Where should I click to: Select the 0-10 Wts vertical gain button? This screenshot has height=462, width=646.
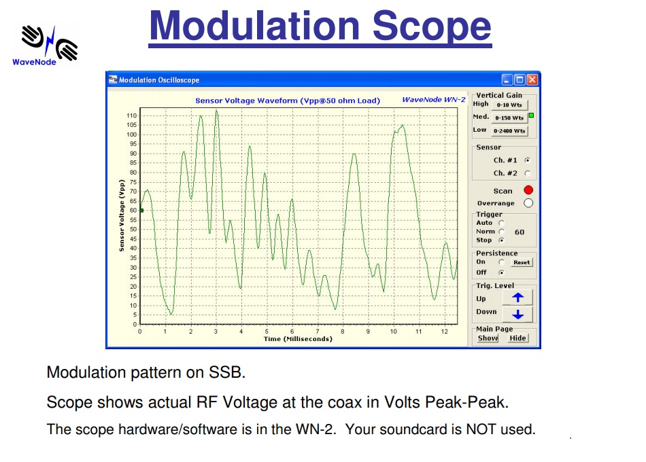tap(509, 105)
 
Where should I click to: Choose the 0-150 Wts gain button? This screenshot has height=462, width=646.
tap(509, 118)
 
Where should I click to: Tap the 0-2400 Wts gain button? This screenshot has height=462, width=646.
tap(509, 130)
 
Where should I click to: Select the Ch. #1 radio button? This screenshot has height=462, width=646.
tap(527, 160)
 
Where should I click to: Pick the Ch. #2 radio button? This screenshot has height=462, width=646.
tap(527, 173)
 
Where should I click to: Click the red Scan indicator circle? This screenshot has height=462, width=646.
tap(528, 190)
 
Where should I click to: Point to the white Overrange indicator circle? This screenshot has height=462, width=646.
tap(528, 203)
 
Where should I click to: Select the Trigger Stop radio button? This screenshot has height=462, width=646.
tap(502, 241)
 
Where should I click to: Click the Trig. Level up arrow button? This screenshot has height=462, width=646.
tap(517, 298)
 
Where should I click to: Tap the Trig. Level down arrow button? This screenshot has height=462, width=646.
tap(517, 314)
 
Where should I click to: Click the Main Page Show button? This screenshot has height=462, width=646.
tap(488, 338)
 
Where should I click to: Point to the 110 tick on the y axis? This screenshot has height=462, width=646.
tap(132, 116)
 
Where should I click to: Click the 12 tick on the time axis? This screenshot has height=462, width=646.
tap(444, 332)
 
